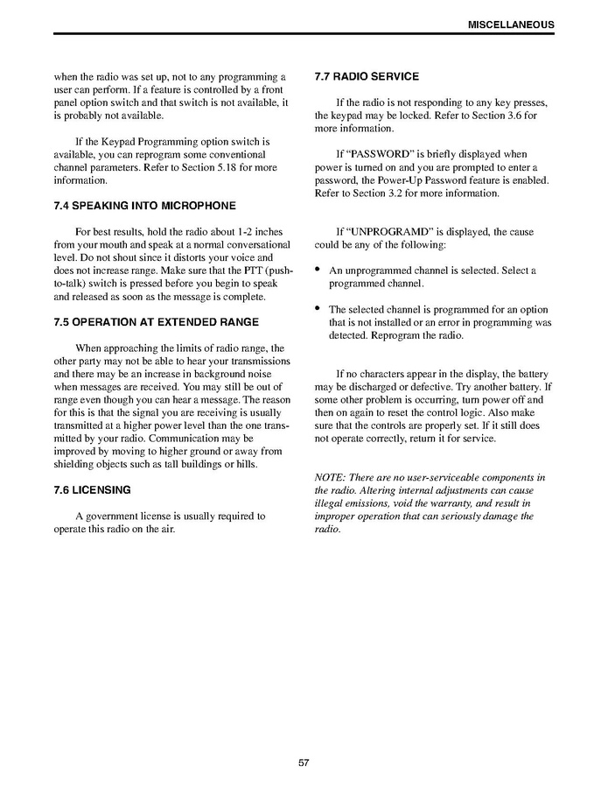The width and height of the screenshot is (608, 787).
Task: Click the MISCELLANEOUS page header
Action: [511, 25]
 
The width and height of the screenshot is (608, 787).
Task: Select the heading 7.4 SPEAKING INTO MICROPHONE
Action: [145, 207]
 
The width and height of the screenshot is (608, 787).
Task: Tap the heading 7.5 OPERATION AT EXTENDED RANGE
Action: [157, 322]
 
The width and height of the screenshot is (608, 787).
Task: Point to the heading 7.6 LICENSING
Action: [93, 489]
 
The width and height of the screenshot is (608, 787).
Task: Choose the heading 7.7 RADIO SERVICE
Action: [367, 77]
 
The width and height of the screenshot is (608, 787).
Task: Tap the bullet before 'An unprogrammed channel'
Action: [318, 271]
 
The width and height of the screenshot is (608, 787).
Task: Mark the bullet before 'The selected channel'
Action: [318, 309]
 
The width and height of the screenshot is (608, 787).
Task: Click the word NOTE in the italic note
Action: [329, 477]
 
